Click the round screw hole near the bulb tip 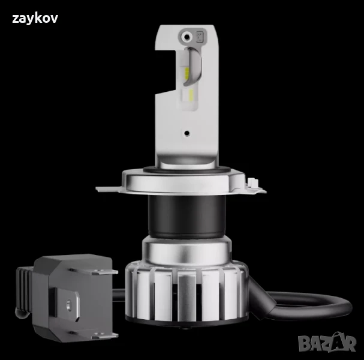[x=188, y=37]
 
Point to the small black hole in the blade [x=186, y=133]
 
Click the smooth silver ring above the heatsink [x=186, y=247]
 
